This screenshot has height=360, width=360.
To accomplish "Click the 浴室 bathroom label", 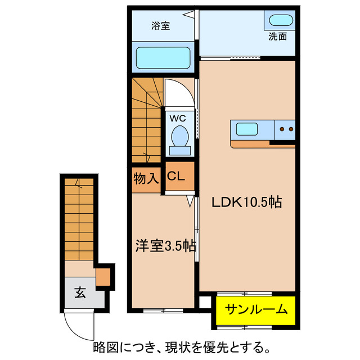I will pos(160,25).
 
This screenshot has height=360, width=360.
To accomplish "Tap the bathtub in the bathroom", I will pos(163,57).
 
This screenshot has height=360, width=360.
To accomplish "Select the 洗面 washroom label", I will pos(277,37).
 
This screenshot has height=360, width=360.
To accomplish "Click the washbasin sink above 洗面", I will pos(280,21).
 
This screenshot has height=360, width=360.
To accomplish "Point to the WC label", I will pos(178,119).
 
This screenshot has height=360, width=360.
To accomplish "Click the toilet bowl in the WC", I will pos(179,138).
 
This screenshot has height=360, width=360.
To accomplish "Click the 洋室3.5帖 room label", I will pos(165,246).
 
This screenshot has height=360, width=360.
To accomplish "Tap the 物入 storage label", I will pos(146,178).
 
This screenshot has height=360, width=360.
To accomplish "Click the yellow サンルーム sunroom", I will pos(256,309).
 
